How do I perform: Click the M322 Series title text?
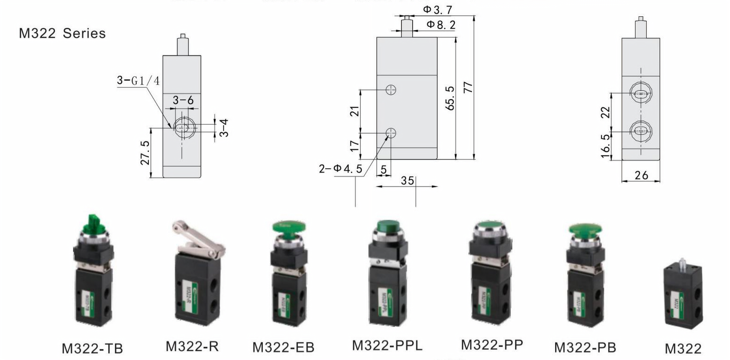62,33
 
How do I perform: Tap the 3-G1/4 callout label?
138,80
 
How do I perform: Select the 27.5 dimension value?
145,153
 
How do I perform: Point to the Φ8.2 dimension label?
441,25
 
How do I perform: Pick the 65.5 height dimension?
449,98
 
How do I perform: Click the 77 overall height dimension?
468,87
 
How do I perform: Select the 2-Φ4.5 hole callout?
340,168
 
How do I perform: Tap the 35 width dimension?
407,180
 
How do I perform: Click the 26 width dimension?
641,175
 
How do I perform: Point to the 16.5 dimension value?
605,146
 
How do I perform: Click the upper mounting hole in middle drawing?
391,90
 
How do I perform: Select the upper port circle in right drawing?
641,93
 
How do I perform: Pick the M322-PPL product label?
387,346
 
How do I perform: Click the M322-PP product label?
492,345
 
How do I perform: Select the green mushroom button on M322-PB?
585,230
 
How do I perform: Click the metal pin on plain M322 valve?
682,262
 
